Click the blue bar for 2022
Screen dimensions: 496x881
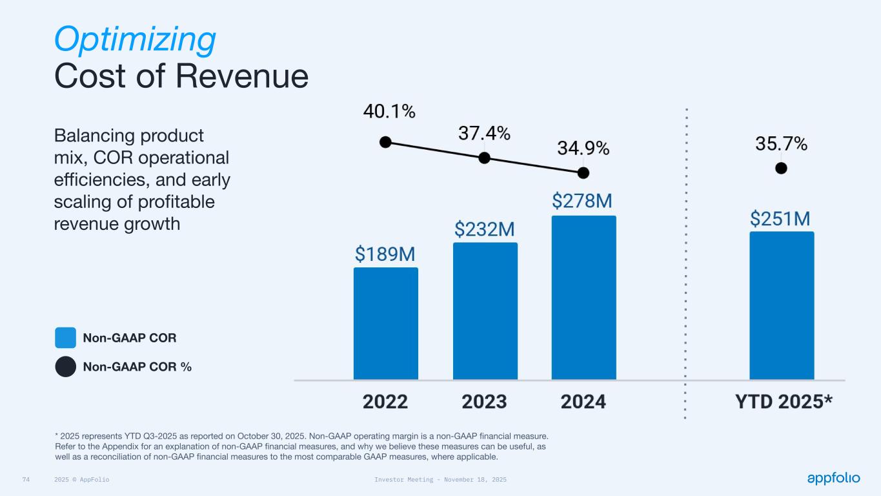click(385, 323)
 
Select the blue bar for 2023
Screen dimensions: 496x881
click(485, 311)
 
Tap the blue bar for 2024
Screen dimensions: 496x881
click(583, 297)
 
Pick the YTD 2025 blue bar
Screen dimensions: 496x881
click(781, 305)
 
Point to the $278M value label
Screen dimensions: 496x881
click(582, 201)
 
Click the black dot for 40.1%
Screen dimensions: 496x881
click(385, 142)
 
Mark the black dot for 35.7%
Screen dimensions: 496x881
click(781, 168)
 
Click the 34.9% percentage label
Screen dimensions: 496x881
click(583, 148)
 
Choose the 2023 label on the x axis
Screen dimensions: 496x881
click(484, 402)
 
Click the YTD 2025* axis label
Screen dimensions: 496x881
click(784, 402)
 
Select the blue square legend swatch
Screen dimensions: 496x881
click(66, 338)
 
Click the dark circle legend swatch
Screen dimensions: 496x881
click(66, 366)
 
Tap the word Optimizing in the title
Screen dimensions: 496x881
click(135, 39)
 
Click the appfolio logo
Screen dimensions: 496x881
click(833, 478)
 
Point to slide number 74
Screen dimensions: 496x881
click(26, 480)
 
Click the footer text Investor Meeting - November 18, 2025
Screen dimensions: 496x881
click(440, 480)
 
